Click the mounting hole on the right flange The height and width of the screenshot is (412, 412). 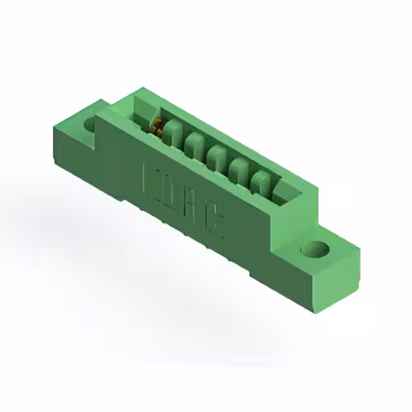315,249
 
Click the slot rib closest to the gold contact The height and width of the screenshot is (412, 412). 173,136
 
